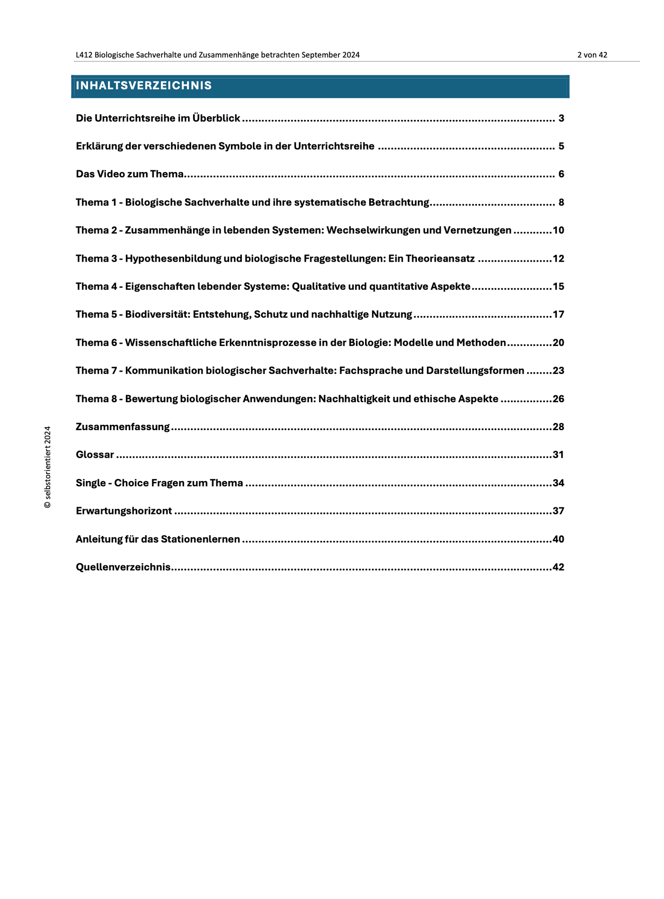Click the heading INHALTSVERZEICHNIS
(144, 86)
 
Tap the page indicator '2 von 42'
(592, 55)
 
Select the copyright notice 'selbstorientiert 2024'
(47, 467)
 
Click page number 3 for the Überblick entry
(561, 118)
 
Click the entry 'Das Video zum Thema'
(129, 174)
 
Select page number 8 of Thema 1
(561, 202)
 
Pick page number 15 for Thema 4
(558, 287)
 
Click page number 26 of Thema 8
(558, 399)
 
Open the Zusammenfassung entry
(122, 427)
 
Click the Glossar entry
(95, 455)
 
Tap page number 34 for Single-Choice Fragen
(558, 483)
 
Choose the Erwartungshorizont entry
(124, 511)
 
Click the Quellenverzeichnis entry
(123, 568)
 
